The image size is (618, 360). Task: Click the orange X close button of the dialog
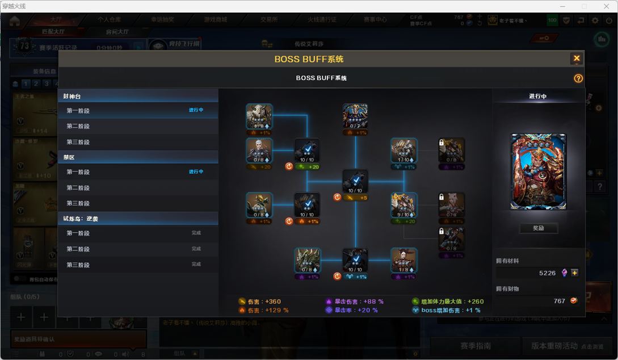pos(577,58)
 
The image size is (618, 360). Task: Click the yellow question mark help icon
pos(578,78)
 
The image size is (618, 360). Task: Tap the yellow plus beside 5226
pos(575,273)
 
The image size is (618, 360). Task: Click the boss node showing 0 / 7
pos(355,116)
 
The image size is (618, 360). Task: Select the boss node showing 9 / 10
pos(403,205)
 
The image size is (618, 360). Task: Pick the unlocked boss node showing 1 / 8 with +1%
pos(403,261)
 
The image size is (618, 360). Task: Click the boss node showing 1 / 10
pos(403,150)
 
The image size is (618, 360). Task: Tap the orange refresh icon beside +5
pos(337,198)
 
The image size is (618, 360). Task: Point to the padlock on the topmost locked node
pos(441,143)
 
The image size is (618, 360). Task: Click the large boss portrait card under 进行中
pos(538,171)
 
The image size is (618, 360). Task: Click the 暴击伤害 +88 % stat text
pos(355,302)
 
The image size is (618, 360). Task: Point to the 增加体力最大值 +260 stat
pos(448,302)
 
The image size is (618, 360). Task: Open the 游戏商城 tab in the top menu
pos(216,19)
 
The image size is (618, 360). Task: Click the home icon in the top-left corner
pos(14,21)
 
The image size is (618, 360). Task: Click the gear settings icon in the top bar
pos(595,20)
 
